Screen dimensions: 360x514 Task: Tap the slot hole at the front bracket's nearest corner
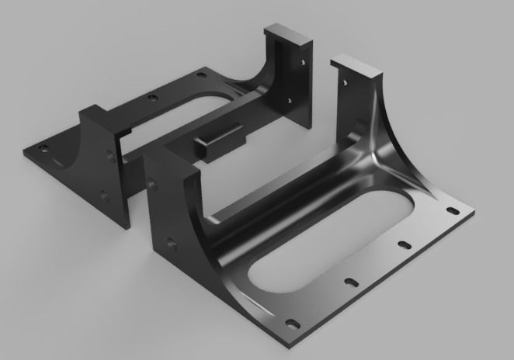tap(291, 323)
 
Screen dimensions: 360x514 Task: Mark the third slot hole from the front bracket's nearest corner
tap(404, 244)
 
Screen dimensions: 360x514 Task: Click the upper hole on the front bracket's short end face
tap(152, 183)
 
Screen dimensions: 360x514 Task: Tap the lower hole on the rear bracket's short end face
tap(102, 196)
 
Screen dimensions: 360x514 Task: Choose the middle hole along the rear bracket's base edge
tap(152, 98)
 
